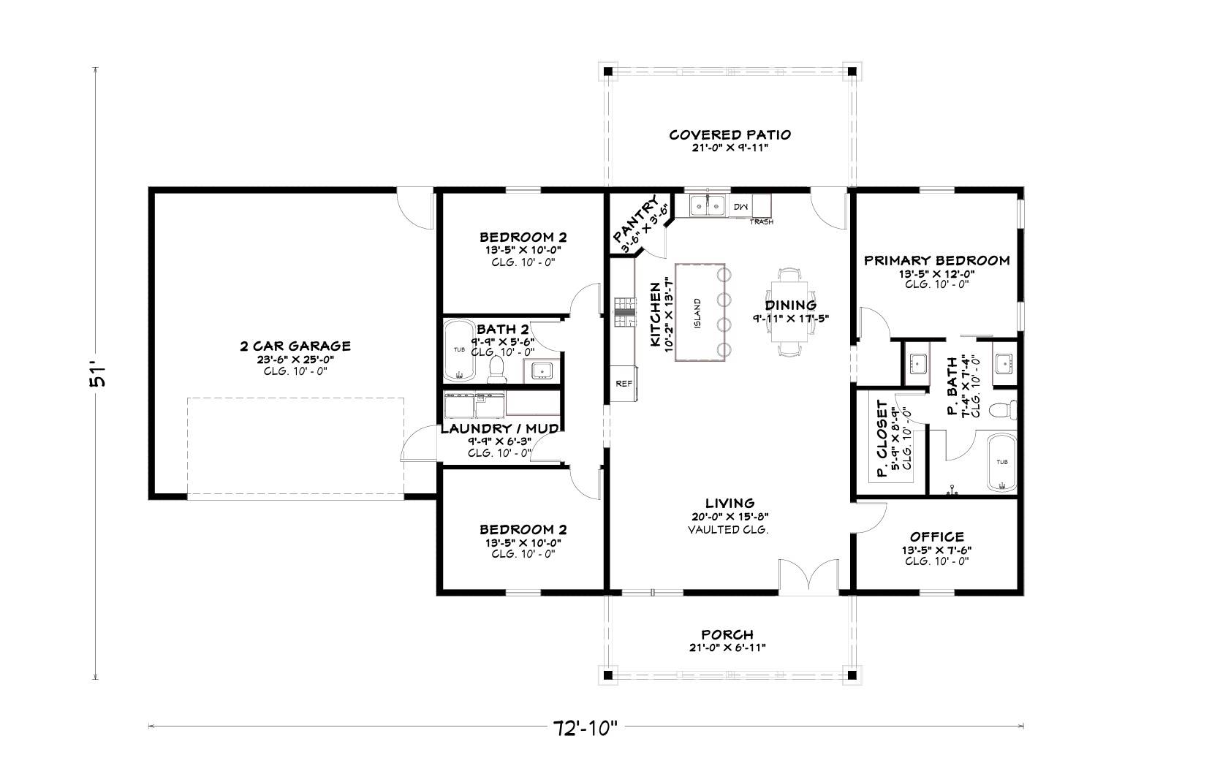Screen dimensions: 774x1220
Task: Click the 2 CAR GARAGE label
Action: coord(295,346)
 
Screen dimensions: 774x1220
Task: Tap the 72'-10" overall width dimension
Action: coord(585,727)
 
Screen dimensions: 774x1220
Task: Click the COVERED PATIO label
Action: coord(730,135)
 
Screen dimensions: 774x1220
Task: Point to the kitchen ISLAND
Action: coord(700,312)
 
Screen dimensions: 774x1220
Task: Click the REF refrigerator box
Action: coord(624,384)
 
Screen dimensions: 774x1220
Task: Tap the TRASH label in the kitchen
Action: coord(761,221)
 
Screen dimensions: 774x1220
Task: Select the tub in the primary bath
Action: coord(1001,463)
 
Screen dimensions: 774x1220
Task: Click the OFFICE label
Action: coord(936,537)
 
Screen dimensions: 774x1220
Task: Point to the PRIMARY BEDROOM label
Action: coord(936,260)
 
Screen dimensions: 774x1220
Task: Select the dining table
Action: coord(790,312)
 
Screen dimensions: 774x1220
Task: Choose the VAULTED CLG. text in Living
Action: coord(728,530)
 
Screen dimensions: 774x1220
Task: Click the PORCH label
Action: coord(727,634)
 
